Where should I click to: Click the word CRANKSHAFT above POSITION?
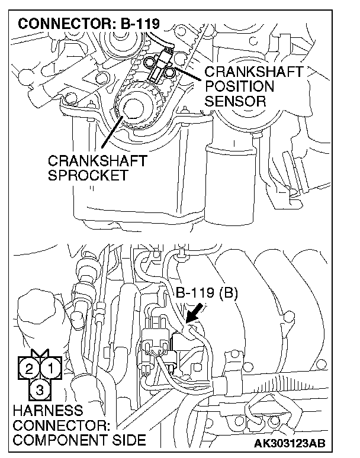[x=253, y=72]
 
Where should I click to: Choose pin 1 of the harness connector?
[x=52, y=370]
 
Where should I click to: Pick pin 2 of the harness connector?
[x=28, y=370]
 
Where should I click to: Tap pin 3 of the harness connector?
[x=40, y=389]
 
